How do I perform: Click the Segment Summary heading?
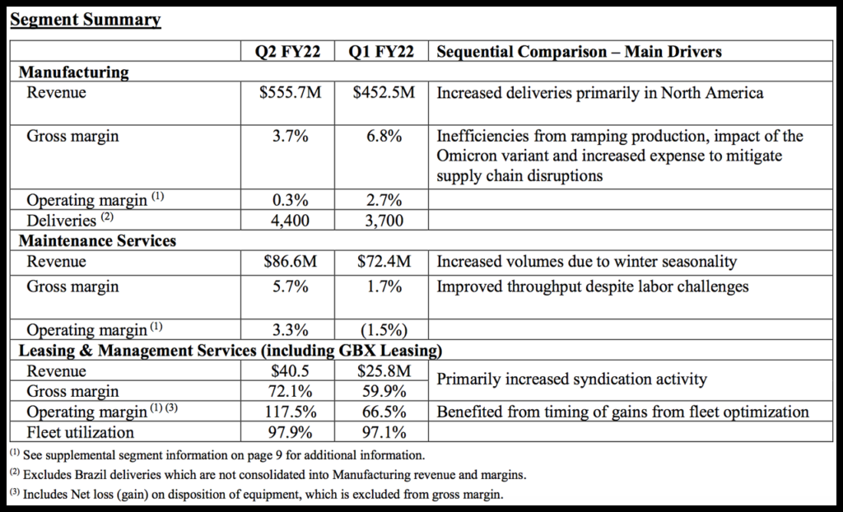tap(85, 20)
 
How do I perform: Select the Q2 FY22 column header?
tap(291, 52)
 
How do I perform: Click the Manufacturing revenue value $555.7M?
tap(291, 93)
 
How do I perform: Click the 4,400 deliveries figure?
tap(291, 221)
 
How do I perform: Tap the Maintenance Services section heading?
tap(97, 241)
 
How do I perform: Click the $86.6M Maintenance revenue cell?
tap(291, 263)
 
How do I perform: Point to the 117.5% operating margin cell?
tap(291, 412)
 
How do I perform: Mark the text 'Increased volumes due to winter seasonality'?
tap(586, 263)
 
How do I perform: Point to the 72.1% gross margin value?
tap(291, 391)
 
